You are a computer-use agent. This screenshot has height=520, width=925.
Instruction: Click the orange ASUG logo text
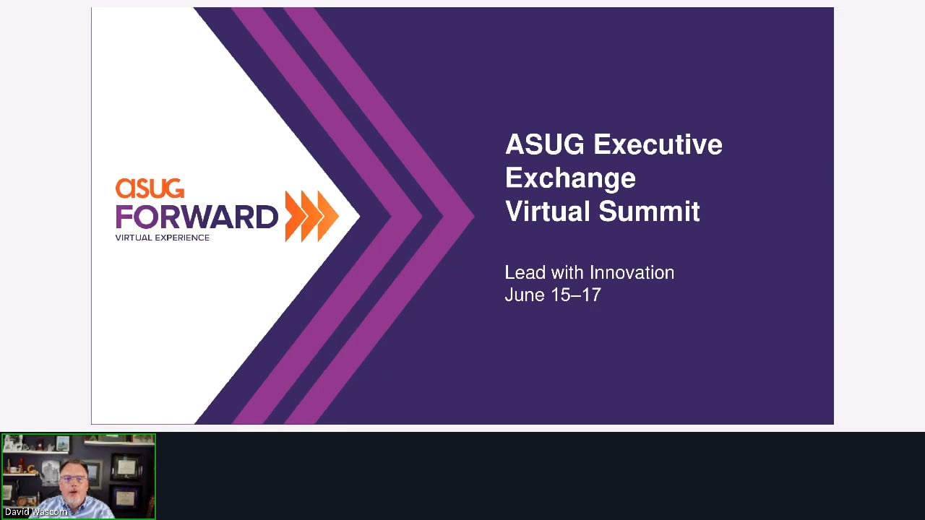pos(150,188)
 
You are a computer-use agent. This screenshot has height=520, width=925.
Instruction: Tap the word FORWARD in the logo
pos(197,216)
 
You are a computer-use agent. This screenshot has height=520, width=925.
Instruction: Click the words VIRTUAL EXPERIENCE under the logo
pos(163,238)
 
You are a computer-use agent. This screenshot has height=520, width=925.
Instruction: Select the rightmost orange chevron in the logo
pos(328,216)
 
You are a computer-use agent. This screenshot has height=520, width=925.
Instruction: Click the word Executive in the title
pos(658,144)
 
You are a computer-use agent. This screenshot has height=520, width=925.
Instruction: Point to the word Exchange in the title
pos(570,178)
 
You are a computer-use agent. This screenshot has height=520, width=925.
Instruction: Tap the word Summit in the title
pos(649,212)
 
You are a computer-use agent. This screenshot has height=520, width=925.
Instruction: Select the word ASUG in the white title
pos(545,144)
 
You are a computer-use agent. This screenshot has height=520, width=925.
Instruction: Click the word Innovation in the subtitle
pos(632,273)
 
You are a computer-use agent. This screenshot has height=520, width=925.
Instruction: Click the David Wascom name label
pos(36,512)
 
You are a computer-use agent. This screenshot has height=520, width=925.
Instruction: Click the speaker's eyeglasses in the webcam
pos(74,479)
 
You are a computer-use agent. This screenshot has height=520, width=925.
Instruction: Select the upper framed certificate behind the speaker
pos(126,467)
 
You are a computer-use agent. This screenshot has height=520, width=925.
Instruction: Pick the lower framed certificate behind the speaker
pos(125,498)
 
